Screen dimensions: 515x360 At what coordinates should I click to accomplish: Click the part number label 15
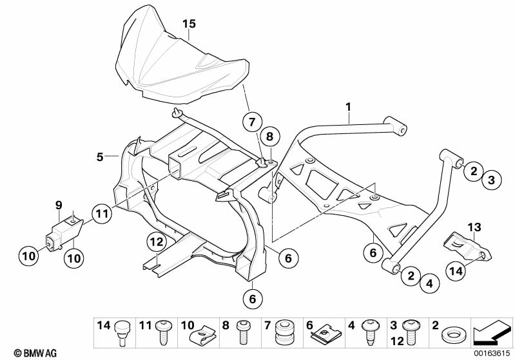point(189,24)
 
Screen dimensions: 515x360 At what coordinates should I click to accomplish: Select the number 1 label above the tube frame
point(349,107)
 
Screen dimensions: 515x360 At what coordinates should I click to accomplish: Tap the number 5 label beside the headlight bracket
point(100,157)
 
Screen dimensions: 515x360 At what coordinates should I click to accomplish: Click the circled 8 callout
point(269,137)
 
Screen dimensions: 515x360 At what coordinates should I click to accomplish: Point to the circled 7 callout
point(252,122)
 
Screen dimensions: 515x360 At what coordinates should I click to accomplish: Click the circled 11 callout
point(102,214)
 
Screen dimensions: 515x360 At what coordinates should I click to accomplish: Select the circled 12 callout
point(157,242)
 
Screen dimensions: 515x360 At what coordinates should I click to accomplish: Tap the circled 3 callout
point(491,180)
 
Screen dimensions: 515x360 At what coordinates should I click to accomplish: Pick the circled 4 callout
point(430,283)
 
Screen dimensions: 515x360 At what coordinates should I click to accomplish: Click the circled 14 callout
point(456,271)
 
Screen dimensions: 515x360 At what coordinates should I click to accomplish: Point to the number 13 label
point(474,227)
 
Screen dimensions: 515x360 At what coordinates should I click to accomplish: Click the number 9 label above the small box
point(59,206)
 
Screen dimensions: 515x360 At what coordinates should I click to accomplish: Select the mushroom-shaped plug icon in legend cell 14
point(122,332)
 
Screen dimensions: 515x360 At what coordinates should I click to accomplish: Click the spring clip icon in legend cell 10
point(203,334)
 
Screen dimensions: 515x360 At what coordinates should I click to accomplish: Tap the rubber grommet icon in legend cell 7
point(285,332)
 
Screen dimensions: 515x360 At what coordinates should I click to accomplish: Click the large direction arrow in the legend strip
point(492,332)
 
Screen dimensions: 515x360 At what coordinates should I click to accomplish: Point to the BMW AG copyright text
point(35,353)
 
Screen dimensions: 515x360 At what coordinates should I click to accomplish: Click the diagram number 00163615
point(492,354)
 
